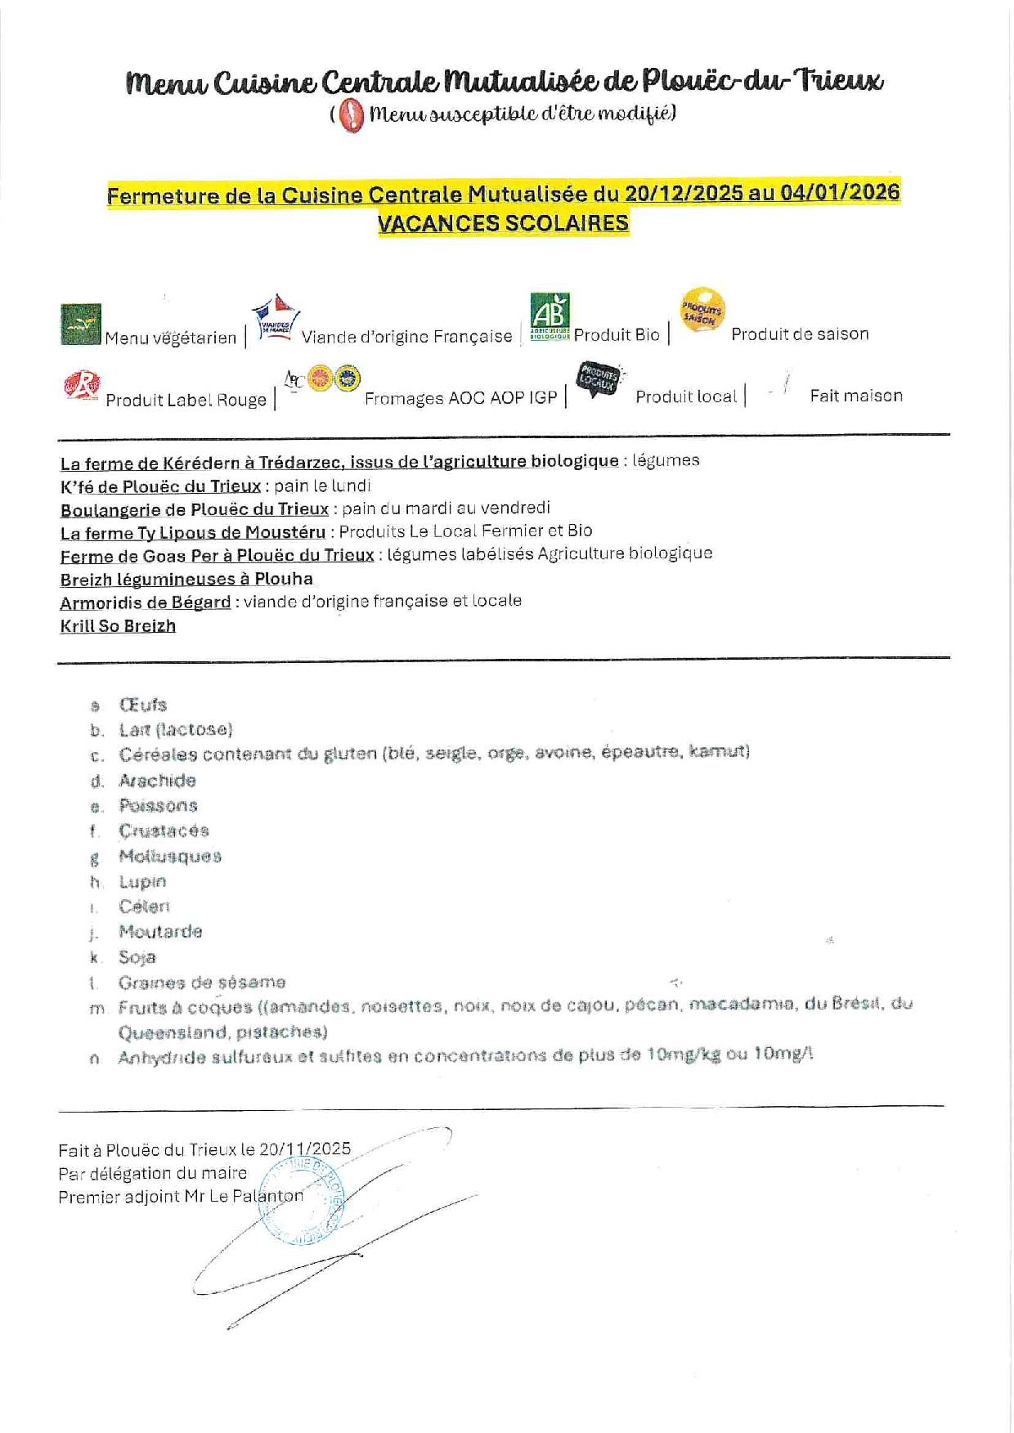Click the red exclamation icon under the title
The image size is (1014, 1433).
coord(351,115)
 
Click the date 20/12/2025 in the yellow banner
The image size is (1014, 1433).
coord(684,194)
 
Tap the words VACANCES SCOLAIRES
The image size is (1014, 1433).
coord(503,223)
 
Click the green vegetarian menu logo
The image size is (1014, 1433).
coord(81,325)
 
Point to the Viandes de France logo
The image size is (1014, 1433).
coord(275,320)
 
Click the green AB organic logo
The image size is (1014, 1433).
coord(550,316)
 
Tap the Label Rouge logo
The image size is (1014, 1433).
coord(82,385)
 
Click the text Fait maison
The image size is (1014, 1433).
coord(856,396)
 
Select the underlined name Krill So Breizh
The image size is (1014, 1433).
coord(118,626)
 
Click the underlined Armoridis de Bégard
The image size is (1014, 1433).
coord(146,602)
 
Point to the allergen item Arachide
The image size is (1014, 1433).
coord(157,781)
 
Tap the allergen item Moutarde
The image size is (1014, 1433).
coord(160,932)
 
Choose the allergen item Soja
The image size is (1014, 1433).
coord(137,957)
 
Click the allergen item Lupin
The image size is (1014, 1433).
coord(142,882)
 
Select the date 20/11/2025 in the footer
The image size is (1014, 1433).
coord(305,1149)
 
